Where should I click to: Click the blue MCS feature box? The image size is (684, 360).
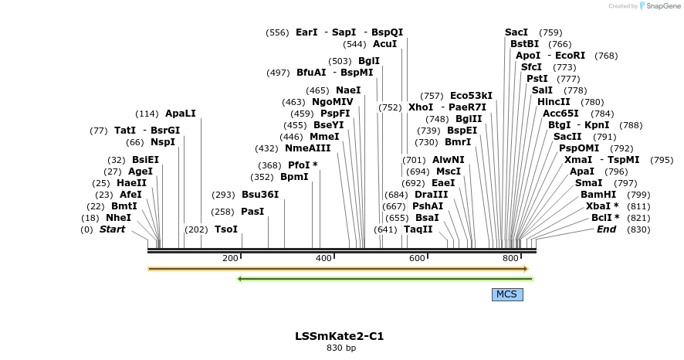[x=506, y=294]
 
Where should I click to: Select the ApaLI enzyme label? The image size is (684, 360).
[x=181, y=114]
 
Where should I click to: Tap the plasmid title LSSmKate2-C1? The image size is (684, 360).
[x=339, y=336]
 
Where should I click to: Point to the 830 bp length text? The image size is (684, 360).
[x=341, y=348]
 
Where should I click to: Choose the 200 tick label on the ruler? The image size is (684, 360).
[x=230, y=257]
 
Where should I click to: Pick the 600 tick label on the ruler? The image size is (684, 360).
[x=417, y=257]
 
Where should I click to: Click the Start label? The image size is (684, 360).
[x=112, y=229]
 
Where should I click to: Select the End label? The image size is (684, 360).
[x=606, y=229]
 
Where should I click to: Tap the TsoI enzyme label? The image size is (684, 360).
[x=226, y=229]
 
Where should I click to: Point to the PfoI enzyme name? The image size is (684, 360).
[x=299, y=165]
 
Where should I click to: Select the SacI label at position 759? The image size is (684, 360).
[x=516, y=32]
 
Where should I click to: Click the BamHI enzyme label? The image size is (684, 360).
[x=598, y=195]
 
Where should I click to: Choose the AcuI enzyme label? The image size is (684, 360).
[x=384, y=44]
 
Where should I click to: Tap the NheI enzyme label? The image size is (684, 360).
[x=118, y=218]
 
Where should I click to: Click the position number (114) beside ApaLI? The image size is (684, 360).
[x=147, y=114]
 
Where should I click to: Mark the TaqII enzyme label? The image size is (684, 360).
[x=418, y=229]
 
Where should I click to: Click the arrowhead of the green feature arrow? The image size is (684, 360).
[x=240, y=279]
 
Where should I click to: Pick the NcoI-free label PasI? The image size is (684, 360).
[x=252, y=212]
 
